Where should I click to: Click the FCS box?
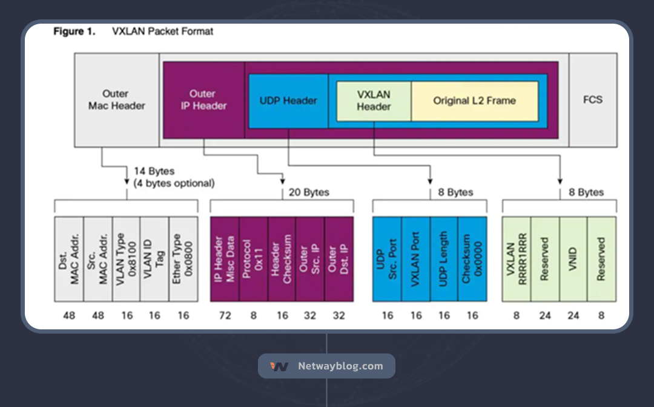(593, 99)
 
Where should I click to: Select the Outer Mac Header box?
(117, 99)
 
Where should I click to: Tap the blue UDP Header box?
(288, 101)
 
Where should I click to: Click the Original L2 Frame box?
(474, 101)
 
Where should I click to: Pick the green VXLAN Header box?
(374, 101)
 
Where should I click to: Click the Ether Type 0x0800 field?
(183, 259)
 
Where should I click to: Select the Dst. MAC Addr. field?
(68, 259)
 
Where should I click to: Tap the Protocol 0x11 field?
(253, 259)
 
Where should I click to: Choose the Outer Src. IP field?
(310, 259)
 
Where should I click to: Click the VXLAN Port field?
(415, 259)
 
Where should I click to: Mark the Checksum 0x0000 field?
(472, 259)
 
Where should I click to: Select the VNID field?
(573, 259)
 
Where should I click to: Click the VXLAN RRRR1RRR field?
(516, 259)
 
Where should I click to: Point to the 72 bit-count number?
(224, 315)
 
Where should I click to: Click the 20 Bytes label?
(309, 192)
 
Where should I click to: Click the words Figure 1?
(74, 31)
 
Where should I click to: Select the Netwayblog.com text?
(340, 366)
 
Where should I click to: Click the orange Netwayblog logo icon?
(279, 366)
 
